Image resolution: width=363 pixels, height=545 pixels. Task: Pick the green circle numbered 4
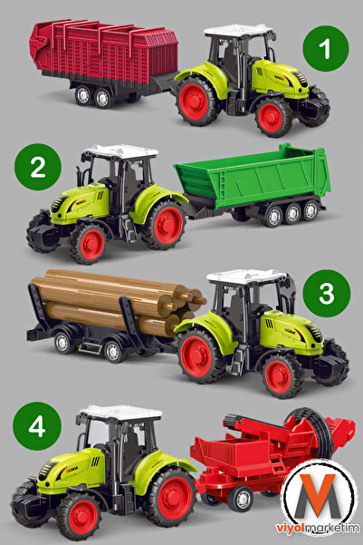(38, 425)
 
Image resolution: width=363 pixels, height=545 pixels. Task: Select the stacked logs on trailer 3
(113, 299)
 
